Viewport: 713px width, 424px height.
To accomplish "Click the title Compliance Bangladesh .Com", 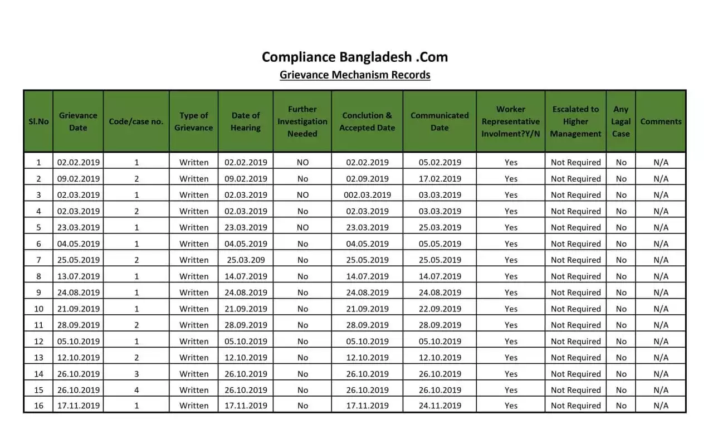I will [355, 57].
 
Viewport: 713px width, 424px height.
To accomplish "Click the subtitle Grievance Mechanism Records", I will [355, 75].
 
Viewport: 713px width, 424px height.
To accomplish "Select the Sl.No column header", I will [38, 121].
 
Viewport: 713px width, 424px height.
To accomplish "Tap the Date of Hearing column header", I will [246, 121].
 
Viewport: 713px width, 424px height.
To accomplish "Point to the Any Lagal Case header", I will [621, 121].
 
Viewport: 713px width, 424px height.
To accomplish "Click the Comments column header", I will [661, 121].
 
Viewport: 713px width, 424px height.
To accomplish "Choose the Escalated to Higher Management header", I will [575, 121].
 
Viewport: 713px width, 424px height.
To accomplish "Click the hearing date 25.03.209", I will [246, 260].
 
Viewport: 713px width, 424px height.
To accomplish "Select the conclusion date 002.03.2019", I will [367, 195].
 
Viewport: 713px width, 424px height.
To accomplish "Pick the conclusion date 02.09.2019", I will [367, 179].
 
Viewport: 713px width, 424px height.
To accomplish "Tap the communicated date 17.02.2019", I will [439, 179].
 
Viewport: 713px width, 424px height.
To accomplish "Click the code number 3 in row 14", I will [136, 374].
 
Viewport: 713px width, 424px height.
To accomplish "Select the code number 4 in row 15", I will [136, 390].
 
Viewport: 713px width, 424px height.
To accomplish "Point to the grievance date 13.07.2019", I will [79, 276].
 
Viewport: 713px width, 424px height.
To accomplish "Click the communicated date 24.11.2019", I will [439, 406].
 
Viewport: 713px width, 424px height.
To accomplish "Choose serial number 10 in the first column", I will [38, 309].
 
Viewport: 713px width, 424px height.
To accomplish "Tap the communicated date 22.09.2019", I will [439, 309].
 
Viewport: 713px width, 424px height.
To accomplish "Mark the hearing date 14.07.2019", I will [246, 276].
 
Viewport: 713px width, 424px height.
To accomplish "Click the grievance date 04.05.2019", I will [79, 244].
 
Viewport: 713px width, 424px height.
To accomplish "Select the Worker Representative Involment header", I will [510, 121].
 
